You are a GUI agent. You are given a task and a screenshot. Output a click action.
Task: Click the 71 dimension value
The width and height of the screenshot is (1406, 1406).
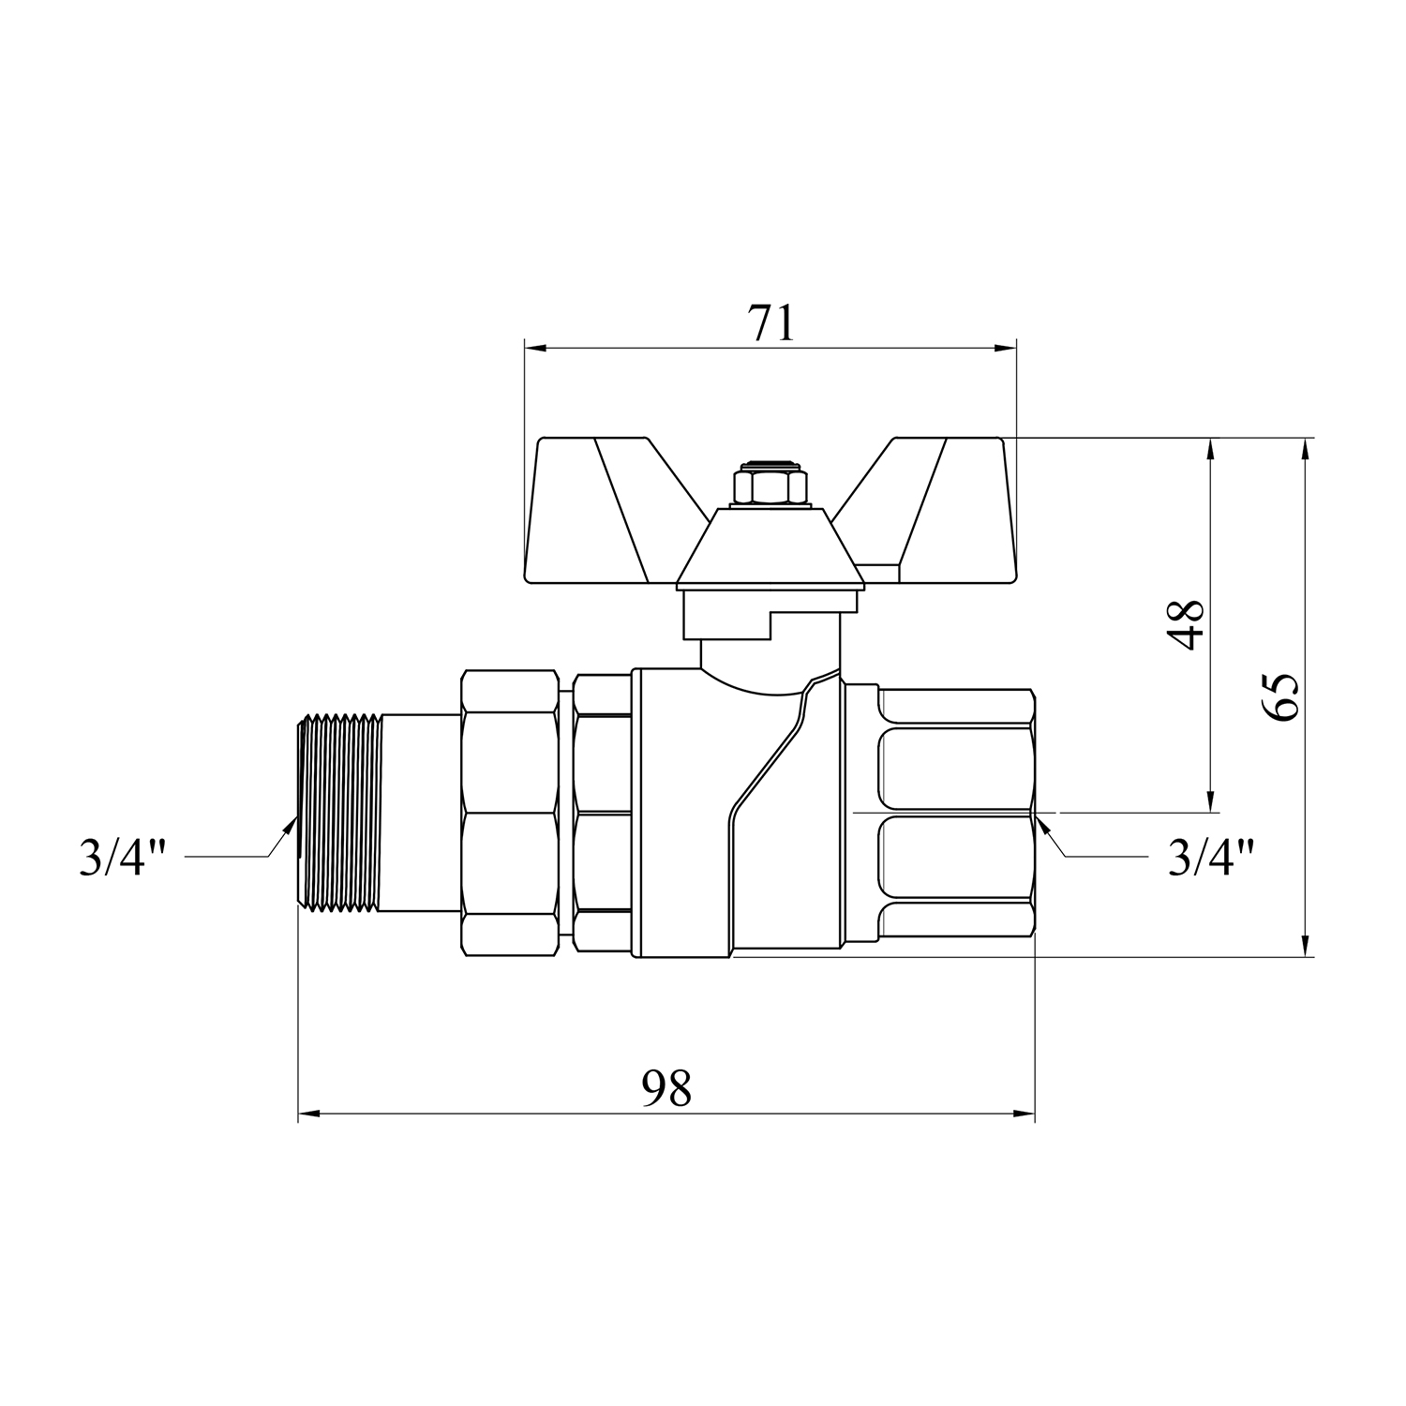coord(770,323)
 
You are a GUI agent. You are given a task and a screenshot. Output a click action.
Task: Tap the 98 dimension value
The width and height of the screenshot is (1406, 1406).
coord(666,1088)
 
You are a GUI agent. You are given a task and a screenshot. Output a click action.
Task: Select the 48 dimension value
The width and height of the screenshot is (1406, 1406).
coord(1188,624)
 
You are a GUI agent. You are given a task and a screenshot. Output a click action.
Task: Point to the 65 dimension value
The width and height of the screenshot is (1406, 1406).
coord(1280,696)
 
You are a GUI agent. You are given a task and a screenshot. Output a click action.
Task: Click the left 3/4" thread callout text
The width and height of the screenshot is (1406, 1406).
coord(123,857)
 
